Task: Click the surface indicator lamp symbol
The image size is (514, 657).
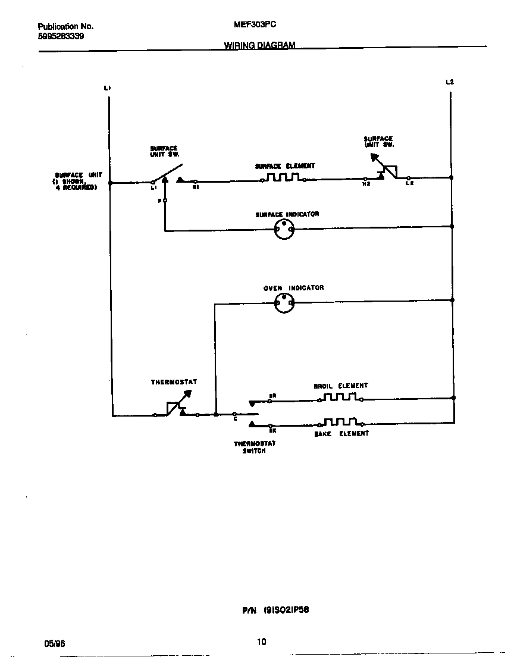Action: tap(284, 229)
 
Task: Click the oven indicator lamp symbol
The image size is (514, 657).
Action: tap(284, 304)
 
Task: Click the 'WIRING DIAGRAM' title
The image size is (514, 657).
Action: tap(259, 45)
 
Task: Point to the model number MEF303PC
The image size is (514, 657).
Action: tap(255, 25)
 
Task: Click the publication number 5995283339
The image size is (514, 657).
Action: tap(61, 36)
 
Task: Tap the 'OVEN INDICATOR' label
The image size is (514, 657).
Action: tap(294, 288)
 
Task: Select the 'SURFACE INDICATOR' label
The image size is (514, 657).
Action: tap(287, 214)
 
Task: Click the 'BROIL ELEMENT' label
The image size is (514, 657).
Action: tap(341, 386)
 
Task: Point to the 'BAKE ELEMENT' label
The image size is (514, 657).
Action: tap(341, 434)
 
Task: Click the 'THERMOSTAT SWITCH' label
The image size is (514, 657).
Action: tap(254, 447)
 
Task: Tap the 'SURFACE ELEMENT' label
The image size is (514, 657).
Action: tap(285, 166)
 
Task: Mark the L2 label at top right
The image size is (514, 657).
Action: tap(450, 82)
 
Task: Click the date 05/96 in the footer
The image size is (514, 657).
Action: tap(53, 643)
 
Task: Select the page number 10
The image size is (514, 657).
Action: tap(261, 642)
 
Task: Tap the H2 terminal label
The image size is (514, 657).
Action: tap(367, 183)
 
